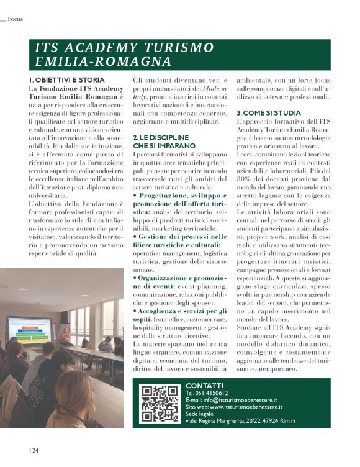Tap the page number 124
click(33, 449)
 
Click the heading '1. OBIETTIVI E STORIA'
click(66, 80)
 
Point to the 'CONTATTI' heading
click(204, 385)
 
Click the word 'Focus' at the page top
click(15, 19)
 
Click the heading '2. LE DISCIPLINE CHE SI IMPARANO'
click(161, 140)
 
